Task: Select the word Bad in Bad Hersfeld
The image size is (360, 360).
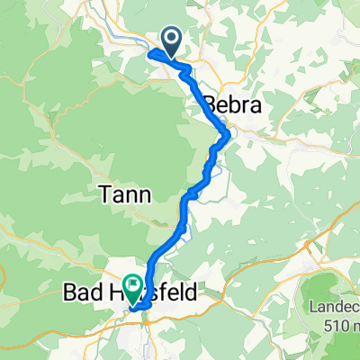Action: tap(83, 292)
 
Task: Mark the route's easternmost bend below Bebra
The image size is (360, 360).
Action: tap(229, 135)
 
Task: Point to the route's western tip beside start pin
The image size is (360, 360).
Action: tap(148, 52)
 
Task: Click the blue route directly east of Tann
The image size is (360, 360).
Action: tap(188, 195)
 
